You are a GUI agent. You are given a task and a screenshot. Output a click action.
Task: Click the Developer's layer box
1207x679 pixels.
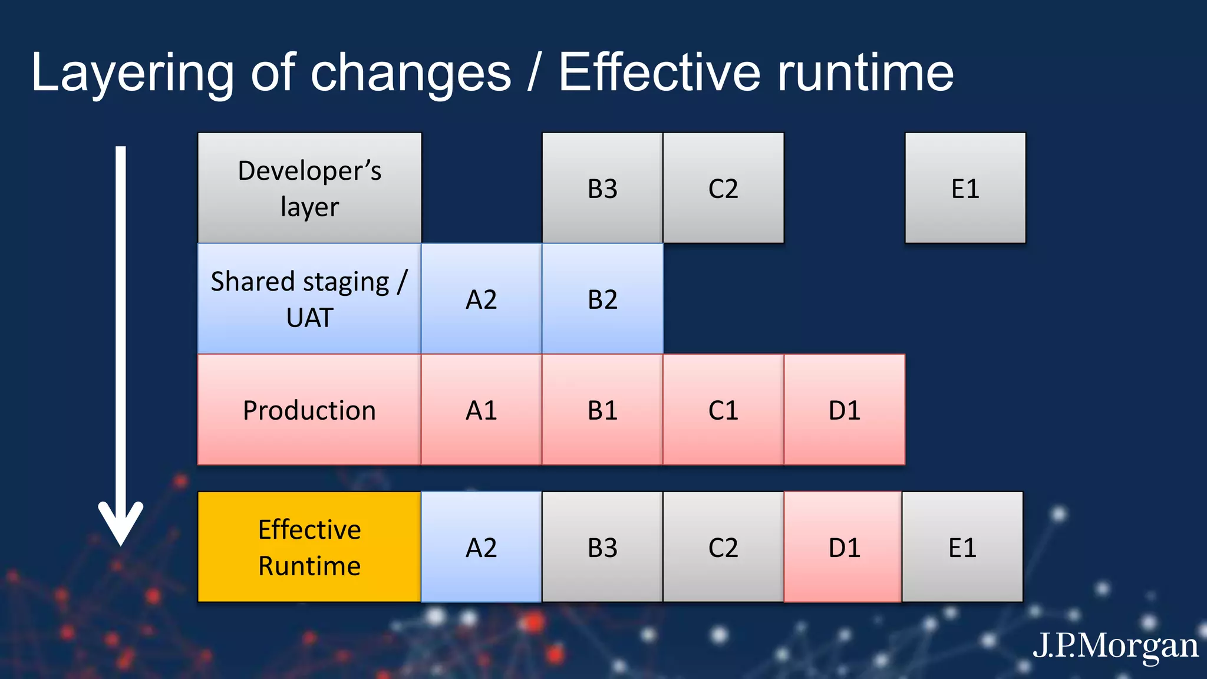[309, 187]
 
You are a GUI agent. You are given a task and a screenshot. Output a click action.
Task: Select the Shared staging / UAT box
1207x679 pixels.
[309, 299]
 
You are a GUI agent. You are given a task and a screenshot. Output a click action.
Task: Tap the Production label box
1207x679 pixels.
[309, 410]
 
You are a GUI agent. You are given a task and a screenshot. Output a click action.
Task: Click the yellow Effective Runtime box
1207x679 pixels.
[309, 547]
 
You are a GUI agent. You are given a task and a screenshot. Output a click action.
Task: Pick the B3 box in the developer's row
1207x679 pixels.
[602, 187]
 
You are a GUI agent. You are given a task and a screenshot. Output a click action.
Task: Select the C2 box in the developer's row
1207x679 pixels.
[723, 187]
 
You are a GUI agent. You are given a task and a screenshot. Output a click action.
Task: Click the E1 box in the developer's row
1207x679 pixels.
[965, 187]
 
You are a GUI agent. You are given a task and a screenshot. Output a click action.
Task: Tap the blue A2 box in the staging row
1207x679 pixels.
[482, 299]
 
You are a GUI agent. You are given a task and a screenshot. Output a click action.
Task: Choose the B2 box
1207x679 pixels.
[602, 299]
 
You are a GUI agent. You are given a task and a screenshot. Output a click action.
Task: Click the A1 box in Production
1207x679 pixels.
[482, 410]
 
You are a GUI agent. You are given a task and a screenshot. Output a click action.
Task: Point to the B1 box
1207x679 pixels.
[602, 410]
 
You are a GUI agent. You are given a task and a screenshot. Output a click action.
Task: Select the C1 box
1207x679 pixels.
[723, 410]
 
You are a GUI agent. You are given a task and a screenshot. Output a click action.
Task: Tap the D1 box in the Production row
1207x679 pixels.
[845, 410]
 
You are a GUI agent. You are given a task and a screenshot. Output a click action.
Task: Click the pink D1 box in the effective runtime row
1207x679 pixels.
[843, 547]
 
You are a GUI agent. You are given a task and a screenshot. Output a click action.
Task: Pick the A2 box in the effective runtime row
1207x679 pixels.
[482, 547]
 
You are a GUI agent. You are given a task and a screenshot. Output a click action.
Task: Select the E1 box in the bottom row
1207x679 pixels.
[962, 547]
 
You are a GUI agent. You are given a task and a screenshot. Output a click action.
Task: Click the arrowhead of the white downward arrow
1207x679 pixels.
[121, 525]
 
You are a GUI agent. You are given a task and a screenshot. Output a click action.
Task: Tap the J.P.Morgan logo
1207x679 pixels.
[1115, 646]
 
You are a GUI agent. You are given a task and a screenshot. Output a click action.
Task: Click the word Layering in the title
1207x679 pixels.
[133, 74]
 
